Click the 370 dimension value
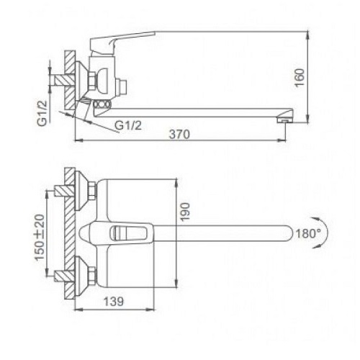tap(179, 134)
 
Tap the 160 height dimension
tap(300, 78)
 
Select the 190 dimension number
tap(185, 212)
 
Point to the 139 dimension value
tap(114, 302)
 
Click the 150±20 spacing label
tap(40, 237)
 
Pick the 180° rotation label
tap(308, 233)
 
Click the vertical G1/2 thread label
tap(42, 113)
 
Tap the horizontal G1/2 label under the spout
tap(128, 125)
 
